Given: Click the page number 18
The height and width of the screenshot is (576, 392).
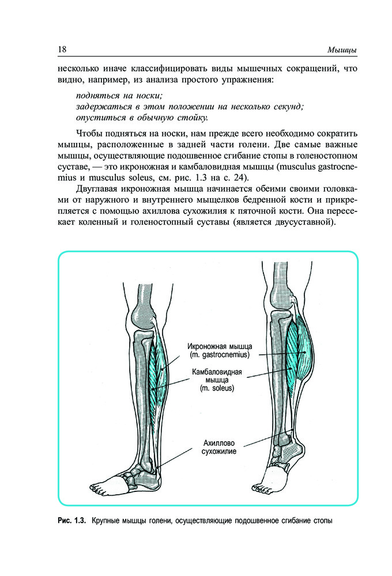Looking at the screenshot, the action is coord(62,49).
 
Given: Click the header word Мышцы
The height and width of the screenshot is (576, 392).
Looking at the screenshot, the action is coord(342,50).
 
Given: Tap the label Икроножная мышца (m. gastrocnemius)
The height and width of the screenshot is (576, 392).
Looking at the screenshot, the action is coord(220,350).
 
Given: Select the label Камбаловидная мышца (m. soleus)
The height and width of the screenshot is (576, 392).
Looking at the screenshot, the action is coord(217,380).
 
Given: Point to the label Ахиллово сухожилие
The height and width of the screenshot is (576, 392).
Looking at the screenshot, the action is coord(219,447).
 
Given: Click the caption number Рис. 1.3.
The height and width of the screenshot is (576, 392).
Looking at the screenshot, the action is coord(71,521).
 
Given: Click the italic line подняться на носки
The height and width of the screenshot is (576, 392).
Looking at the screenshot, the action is coord(119,96).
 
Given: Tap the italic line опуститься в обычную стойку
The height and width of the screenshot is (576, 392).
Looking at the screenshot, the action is coord(142,118).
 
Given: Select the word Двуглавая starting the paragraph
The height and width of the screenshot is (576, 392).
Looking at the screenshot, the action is coord(96,189).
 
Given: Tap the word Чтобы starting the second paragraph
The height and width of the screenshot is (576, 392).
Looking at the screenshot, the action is coord(88,134).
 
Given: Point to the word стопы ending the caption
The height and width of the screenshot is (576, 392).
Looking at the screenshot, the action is coord(323,521).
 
